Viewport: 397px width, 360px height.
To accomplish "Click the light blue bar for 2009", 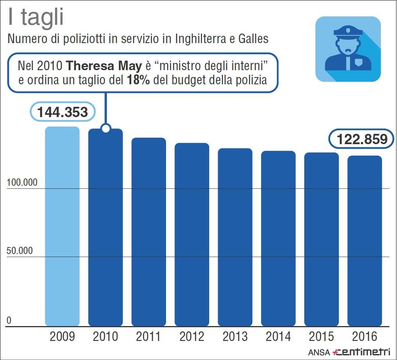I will (62, 227).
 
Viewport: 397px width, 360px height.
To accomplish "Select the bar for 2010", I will (105, 229).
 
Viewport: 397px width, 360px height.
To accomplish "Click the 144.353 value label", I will (62, 112).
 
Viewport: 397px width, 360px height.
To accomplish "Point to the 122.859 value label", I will (361, 140).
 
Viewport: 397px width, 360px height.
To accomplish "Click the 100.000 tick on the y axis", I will (22, 182).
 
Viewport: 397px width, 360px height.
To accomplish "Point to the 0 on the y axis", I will (9, 320).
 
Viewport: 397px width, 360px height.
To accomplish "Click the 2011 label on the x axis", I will (148, 337).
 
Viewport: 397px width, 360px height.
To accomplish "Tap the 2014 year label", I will (278, 337).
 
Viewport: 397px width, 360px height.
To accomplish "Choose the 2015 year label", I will (321, 337).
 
